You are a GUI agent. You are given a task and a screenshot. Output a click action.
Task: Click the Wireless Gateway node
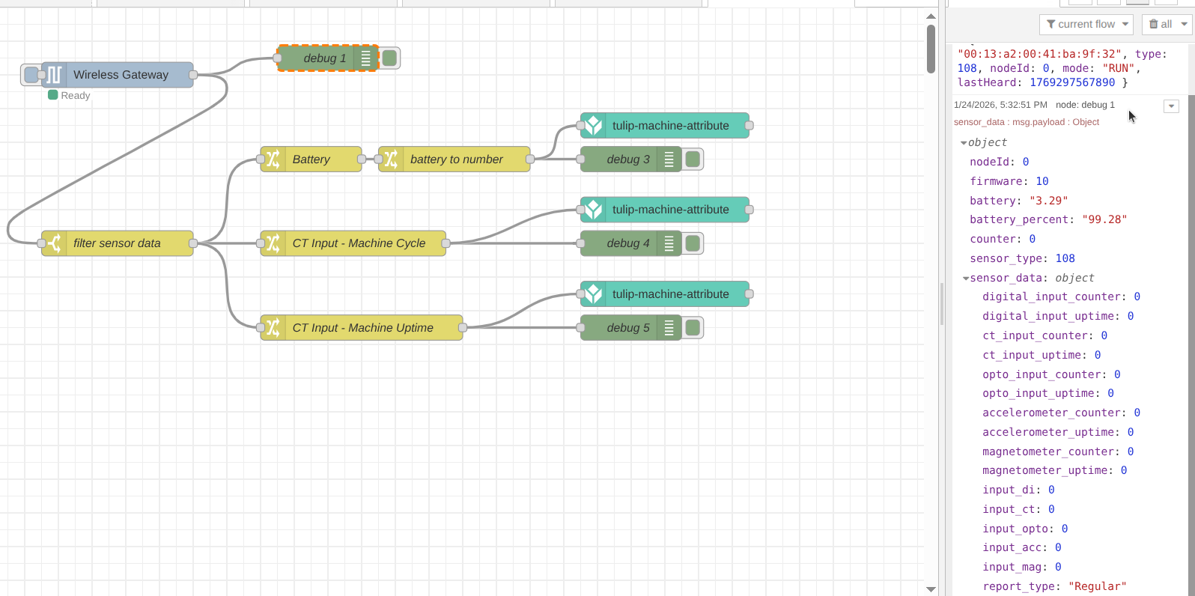(120, 75)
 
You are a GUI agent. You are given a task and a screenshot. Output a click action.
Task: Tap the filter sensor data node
(117, 243)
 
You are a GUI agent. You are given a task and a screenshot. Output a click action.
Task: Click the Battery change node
(311, 159)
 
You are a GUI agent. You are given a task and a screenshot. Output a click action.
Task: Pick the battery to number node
(455, 159)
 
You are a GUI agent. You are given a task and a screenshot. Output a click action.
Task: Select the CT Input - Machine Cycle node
(358, 243)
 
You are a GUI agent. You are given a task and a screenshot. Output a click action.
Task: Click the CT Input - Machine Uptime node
(362, 328)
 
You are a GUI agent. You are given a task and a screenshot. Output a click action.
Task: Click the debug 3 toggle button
(693, 159)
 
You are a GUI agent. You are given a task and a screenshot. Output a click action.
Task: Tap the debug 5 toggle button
(693, 328)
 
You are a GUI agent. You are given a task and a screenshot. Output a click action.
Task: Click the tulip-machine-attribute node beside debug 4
(669, 210)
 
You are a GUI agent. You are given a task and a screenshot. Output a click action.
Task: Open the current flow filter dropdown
(1086, 25)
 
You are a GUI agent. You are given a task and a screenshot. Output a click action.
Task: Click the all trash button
(1165, 25)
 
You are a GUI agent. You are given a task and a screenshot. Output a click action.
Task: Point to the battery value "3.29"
(1048, 201)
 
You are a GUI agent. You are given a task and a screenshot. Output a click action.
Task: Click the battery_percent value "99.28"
(1104, 219)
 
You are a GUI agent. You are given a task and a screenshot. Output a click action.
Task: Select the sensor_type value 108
(1065, 258)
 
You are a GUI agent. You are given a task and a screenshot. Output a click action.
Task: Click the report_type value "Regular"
(1097, 586)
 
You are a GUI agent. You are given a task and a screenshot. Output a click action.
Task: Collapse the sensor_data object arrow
(966, 279)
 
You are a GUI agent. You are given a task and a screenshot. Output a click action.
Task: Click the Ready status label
(75, 96)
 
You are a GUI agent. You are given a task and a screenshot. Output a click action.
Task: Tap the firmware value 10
(1042, 181)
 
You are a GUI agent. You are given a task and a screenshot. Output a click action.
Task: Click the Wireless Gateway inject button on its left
(31, 75)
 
